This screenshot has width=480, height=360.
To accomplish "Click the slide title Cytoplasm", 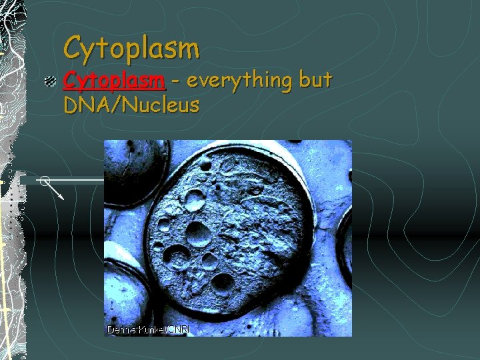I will [x=131, y=47].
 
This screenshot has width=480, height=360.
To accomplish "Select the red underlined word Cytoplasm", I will [x=113, y=81].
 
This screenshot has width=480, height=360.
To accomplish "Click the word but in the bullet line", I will [x=315, y=81].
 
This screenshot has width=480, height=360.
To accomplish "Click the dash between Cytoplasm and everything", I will [x=175, y=82].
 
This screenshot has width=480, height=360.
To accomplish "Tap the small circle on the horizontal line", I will [x=44, y=180].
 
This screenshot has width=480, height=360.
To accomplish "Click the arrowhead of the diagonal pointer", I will [x=61, y=197].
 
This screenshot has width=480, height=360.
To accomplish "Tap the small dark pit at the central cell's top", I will [x=215, y=161].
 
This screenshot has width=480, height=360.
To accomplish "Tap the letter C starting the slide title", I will [x=72, y=47].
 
